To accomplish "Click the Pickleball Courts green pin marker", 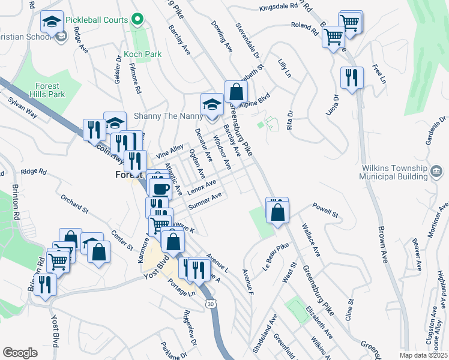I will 137,20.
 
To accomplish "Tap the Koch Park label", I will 143,54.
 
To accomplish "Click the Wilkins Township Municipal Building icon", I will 433,173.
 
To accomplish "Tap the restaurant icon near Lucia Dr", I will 351,77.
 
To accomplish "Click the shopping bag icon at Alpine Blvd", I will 237,92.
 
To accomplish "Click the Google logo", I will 20,352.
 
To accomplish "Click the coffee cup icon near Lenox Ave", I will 160,188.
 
